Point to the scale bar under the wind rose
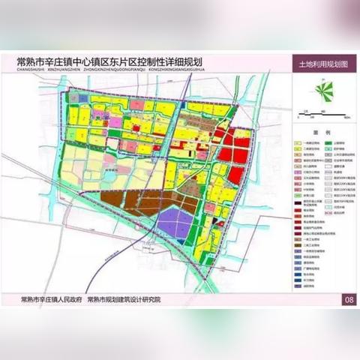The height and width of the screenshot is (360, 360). [x=323, y=112]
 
